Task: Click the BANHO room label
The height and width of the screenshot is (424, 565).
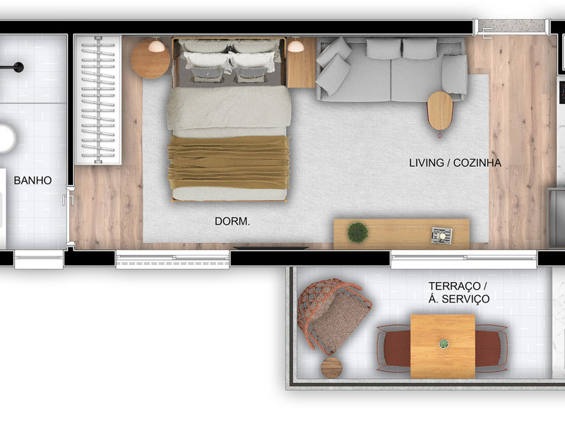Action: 32,180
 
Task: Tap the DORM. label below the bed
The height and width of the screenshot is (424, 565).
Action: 232,221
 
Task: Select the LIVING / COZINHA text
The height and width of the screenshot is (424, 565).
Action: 455,163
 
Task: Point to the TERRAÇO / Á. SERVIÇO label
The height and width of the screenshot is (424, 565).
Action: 458,293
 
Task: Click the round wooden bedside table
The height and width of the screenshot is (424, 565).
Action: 150,59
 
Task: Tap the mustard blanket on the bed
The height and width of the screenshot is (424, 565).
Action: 228,163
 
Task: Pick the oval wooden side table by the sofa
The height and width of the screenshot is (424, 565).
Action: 440,111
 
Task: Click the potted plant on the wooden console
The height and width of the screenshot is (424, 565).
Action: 358,232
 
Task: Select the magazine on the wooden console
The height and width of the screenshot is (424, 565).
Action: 442,235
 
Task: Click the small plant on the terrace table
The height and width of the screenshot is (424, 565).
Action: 444,344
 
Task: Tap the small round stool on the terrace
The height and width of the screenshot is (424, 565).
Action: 331,367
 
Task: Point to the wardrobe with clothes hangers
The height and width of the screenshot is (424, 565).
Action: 98,100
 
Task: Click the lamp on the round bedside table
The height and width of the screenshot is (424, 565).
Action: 156,45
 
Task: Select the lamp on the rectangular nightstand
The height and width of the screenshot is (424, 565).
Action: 295,45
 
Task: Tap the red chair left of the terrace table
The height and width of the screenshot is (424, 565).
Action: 394,348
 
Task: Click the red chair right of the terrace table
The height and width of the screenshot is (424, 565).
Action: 492,348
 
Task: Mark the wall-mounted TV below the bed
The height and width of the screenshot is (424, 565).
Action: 270,248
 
